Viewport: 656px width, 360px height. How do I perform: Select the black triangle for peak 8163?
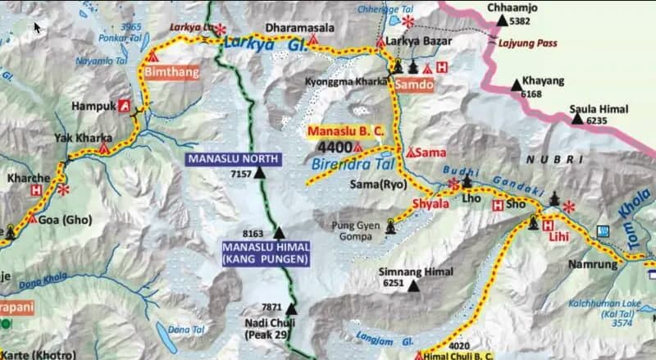click(279, 233)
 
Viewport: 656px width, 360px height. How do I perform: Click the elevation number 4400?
click(335, 147)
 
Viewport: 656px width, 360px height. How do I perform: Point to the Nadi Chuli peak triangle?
click(289, 309)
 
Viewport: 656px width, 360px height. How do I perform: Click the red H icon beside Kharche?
click(36, 189)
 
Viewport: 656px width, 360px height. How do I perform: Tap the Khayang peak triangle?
click(516, 84)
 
